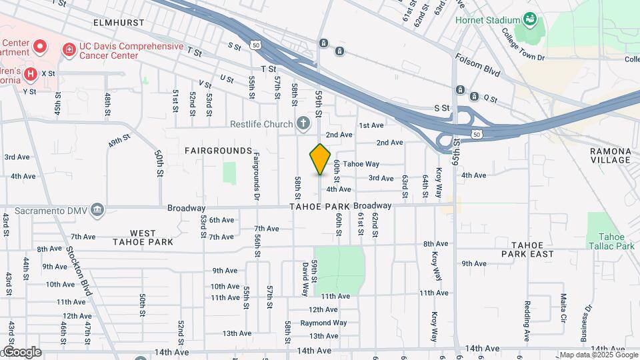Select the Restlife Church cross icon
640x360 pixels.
point(303,123)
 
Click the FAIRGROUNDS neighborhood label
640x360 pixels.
point(218,151)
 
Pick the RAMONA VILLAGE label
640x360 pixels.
point(610,155)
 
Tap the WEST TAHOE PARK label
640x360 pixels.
point(143,237)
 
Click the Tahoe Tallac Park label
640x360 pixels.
point(616,241)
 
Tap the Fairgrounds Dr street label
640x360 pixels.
point(256,176)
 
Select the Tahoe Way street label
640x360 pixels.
point(362,164)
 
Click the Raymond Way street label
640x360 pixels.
point(323,323)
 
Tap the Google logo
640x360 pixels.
point(21,352)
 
